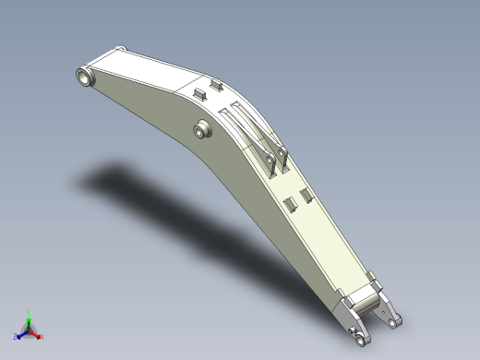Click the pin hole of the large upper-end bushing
[87, 78]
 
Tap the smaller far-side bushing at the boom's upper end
[118, 50]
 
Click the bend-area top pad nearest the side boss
[198, 93]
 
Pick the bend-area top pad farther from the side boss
[217, 85]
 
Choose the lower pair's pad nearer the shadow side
[288, 203]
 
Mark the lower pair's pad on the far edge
[305, 195]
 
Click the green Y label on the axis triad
[29, 313]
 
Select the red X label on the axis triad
[41, 337]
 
